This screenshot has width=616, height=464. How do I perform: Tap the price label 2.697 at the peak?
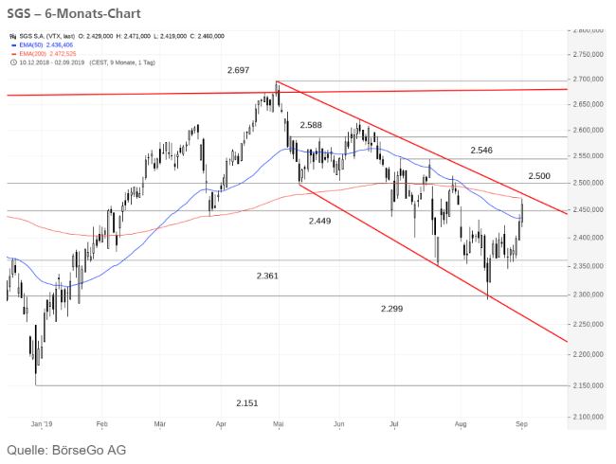point(240,71)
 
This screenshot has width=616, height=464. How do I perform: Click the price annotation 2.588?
point(313,125)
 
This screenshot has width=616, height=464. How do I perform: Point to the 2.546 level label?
point(482,151)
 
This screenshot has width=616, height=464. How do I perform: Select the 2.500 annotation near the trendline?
point(540,177)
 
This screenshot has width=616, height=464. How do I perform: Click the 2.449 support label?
point(320,221)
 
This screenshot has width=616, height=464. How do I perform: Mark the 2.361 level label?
point(269,276)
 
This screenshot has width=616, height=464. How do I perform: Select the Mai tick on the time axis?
point(279,425)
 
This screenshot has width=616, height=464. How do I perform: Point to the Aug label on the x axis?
point(462,425)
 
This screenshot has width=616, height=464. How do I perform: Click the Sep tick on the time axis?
point(520,425)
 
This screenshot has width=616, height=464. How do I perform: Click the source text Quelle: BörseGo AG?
point(66,449)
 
